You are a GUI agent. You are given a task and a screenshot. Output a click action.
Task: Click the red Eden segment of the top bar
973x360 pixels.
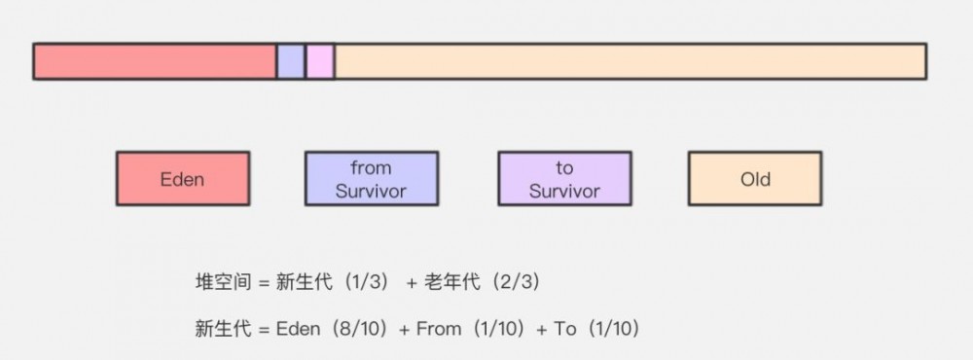(155, 61)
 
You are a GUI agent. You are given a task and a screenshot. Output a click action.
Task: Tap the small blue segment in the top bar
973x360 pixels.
(291, 61)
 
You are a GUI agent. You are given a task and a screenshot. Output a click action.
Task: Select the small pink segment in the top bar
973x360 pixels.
(320, 61)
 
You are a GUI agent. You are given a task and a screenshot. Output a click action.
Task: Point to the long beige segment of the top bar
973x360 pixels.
(630, 61)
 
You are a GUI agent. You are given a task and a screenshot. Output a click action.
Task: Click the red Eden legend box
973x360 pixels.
(182, 178)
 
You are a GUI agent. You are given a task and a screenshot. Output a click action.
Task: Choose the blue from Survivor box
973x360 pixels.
(371, 178)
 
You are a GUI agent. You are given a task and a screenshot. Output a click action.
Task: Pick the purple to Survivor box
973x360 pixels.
(564, 178)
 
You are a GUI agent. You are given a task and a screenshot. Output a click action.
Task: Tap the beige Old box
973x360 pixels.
(755, 178)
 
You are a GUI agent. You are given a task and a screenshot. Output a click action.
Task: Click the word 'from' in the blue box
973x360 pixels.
(371, 167)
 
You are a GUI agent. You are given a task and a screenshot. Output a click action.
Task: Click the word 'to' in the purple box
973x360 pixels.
(564, 167)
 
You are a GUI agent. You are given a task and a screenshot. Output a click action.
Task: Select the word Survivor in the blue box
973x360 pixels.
(371, 191)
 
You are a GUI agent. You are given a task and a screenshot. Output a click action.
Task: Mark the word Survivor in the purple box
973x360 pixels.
(564, 191)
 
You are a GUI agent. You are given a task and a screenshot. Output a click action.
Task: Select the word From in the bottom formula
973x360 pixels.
(438, 329)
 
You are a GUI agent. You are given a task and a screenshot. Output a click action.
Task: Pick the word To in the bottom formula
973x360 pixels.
(565, 329)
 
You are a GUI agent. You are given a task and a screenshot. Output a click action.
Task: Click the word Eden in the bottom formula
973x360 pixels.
(298, 329)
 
